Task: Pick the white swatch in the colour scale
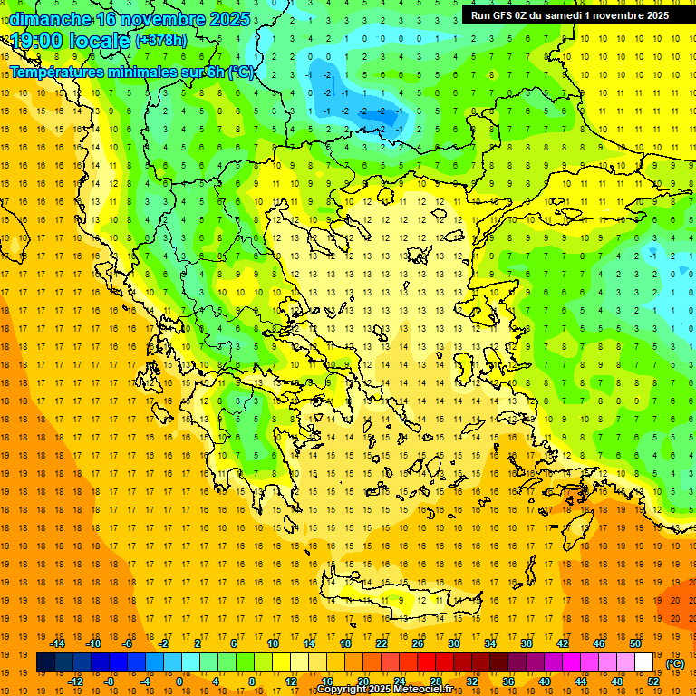pyautogui.click(x=644, y=662)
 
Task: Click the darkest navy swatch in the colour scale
pyautogui.click(x=45, y=662)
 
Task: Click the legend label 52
pyautogui.click(x=653, y=681)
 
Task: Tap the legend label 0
pyautogui.click(x=179, y=681)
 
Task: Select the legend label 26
pyautogui.click(x=418, y=643)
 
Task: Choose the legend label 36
pyautogui.click(x=508, y=681)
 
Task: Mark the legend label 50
pyautogui.click(x=635, y=643)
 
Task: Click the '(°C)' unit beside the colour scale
pyautogui.click(x=675, y=663)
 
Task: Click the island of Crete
pyautogui.click(x=399, y=599)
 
